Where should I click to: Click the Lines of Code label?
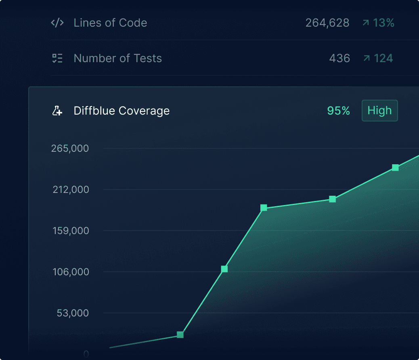tap(110, 23)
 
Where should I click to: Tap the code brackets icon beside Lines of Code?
tap(57, 23)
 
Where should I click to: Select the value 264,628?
tap(327, 23)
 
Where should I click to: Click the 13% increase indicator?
tap(378, 23)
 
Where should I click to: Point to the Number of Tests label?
tap(117, 59)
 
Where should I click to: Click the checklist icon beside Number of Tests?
tap(57, 59)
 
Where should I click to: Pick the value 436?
tap(339, 59)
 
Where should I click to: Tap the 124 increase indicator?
tap(378, 59)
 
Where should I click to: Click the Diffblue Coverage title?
tap(122, 111)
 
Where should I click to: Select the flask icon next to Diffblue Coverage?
tap(57, 111)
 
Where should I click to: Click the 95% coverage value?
tap(338, 111)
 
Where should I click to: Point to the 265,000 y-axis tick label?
tap(70, 149)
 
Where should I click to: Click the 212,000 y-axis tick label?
tap(71, 190)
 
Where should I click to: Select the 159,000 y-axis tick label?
tap(71, 231)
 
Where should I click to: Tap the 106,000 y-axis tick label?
tap(71, 272)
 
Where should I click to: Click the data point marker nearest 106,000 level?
tap(224, 269)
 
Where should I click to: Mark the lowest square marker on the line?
tap(180, 335)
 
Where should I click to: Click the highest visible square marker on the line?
tap(395, 168)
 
